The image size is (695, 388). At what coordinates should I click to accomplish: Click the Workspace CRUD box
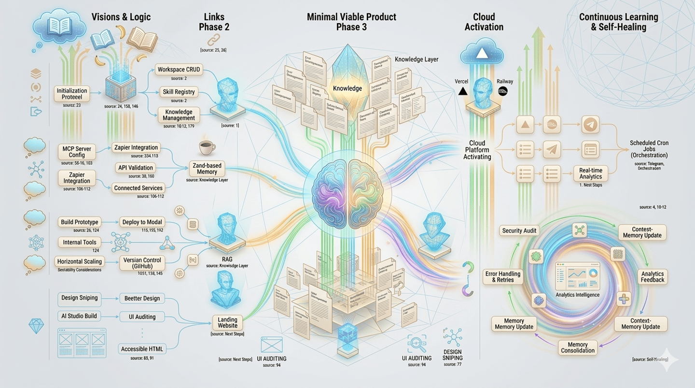click(x=179, y=70)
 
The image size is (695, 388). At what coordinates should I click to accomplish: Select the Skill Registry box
click(x=179, y=92)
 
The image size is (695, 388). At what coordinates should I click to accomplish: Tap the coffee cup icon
click(x=207, y=147)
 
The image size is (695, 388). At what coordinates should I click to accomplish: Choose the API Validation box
click(x=136, y=168)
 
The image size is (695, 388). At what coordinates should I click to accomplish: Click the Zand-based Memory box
click(x=207, y=169)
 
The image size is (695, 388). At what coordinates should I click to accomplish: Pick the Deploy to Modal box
click(x=142, y=222)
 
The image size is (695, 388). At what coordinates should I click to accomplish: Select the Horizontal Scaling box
click(x=80, y=261)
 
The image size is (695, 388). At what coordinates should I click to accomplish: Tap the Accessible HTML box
click(x=142, y=349)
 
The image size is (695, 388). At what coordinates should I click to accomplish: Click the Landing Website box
click(x=227, y=322)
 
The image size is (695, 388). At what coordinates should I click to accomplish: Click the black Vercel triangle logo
click(x=462, y=91)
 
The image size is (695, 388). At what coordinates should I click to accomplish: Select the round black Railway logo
click(x=502, y=91)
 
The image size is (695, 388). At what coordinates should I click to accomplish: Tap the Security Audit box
click(x=519, y=230)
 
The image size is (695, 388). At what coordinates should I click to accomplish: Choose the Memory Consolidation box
click(x=578, y=347)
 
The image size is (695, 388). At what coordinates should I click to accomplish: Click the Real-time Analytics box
click(x=591, y=173)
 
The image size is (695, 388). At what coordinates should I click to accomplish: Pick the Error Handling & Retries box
click(x=502, y=277)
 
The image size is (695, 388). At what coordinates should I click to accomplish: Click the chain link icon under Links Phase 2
click(x=213, y=39)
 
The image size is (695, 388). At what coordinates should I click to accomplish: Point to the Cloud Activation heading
click(x=484, y=22)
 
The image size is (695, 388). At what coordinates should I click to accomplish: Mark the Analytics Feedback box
click(x=653, y=276)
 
